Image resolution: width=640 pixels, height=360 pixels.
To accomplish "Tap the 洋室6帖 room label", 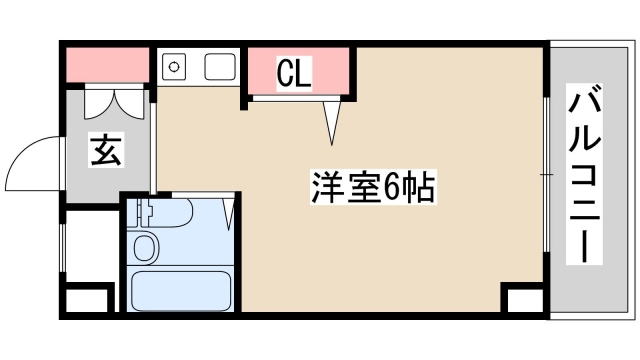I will (x=371, y=186).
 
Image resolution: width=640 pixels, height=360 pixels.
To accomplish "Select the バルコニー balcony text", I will (x=585, y=175).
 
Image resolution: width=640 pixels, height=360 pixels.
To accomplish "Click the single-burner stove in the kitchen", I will (x=173, y=67).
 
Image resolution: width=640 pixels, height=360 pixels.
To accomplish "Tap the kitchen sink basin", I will (x=219, y=67).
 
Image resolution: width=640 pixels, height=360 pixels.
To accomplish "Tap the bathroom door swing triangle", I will (x=229, y=213).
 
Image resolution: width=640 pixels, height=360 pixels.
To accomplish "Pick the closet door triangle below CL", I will (x=333, y=123).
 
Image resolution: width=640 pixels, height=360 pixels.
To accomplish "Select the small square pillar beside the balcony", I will (x=521, y=301).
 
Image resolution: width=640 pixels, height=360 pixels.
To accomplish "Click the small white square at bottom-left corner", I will (x=88, y=300).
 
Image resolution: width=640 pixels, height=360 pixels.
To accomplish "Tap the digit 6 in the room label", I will (x=393, y=186).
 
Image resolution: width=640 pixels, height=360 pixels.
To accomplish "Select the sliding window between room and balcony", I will (x=546, y=175).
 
